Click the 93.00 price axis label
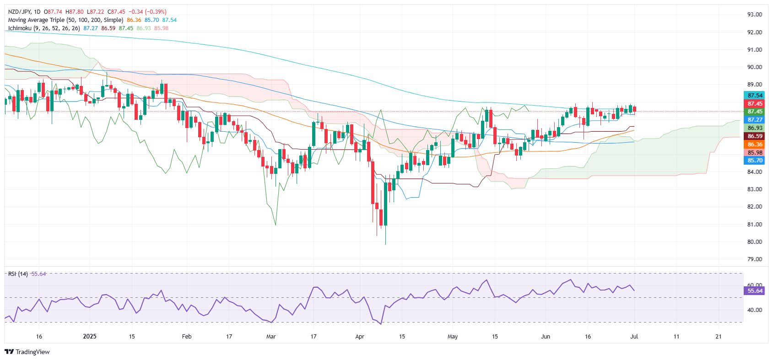(755, 15)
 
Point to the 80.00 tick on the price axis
(755, 242)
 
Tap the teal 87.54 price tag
(755, 96)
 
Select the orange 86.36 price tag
(755, 145)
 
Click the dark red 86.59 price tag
(755, 136)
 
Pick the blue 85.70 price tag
(755, 161)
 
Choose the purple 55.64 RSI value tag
(755, 291)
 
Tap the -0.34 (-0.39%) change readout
(147, 12)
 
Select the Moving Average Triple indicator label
(65, 20)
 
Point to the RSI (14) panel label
(18, 274)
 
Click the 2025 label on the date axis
(90, 337)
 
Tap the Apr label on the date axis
(360, 337)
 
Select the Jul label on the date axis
(634, 337)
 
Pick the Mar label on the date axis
(271, 337)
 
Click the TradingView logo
(27, 352)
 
